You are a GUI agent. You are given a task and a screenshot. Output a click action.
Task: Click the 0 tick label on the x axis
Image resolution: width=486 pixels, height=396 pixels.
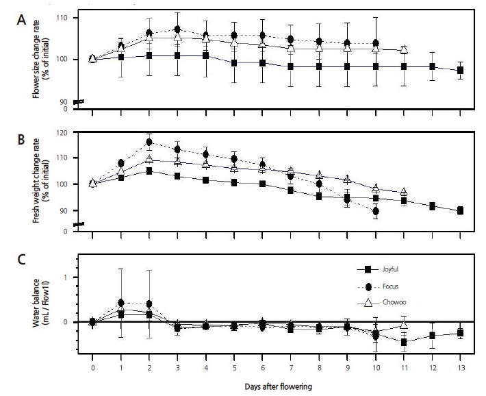[x=93, y=365]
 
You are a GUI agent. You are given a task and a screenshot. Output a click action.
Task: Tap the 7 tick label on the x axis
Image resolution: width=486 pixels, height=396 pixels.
[x=291, y=365]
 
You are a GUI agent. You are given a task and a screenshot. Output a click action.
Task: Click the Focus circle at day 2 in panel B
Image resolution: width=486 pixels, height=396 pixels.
[x=149, y=143]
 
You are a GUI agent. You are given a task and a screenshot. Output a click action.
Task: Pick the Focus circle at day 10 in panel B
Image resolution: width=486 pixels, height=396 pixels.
[x=376, y=211]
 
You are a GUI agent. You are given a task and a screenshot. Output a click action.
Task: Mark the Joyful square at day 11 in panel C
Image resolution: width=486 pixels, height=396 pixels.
[x=404, y=342]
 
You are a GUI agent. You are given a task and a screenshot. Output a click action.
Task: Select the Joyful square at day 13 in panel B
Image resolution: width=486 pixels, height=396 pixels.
[x=460, y=210]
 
